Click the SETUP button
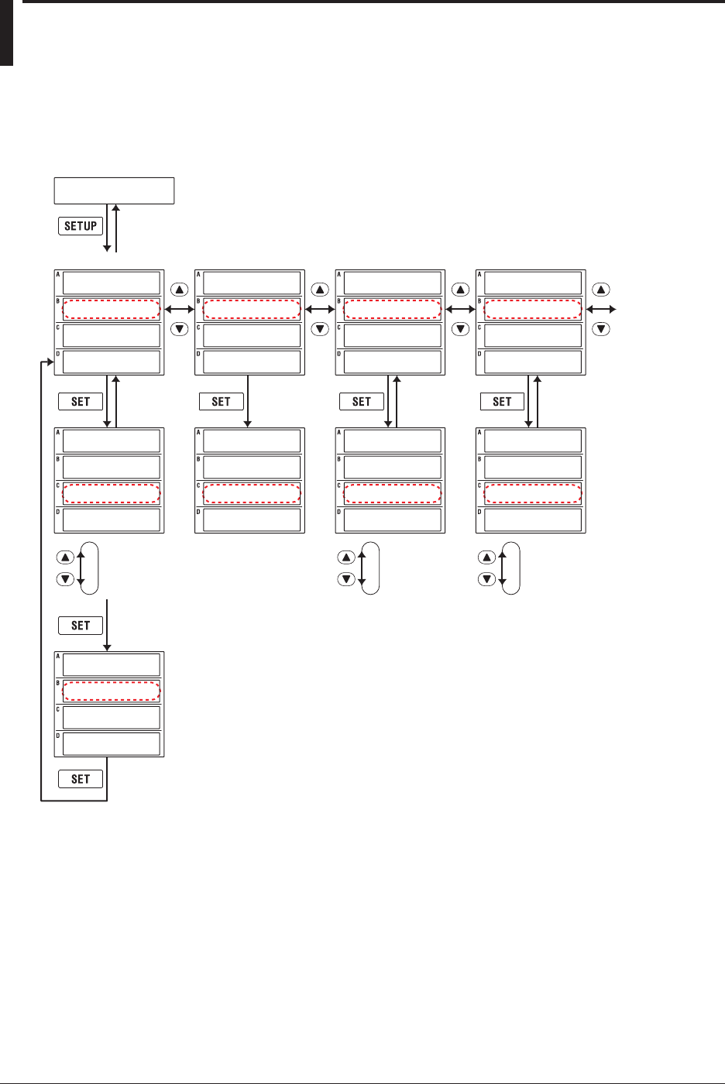[x=81, y=226]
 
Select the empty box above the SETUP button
[x=114, y=190]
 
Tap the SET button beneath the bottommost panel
[x=81, y=779]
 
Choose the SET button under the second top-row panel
[x=221, y=401]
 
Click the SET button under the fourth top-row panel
[x=502, y=401]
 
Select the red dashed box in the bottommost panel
[x=112, y=691]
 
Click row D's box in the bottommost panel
[x=112, y=744]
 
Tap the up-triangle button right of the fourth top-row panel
[x=601, y=290]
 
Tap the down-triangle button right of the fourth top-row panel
[x=601, y=329]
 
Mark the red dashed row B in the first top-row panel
[x=112, y=310]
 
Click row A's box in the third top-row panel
[x=393, y=283]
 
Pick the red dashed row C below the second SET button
[x=252, y=494]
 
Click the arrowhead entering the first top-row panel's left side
[x=50, y=362]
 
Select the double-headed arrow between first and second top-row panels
[x=180, y=310]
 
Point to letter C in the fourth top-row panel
[x=479, y=328]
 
